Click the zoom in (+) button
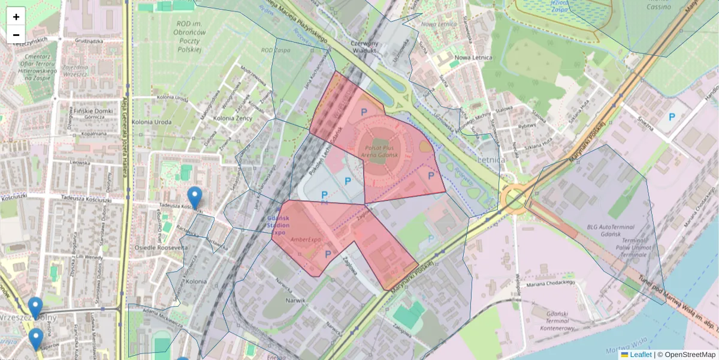pos(16,17)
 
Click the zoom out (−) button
pos(16,35)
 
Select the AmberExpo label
pos(306,239)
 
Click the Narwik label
pos(296,300)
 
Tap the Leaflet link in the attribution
pos(641,355)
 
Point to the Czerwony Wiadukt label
pos(365,47)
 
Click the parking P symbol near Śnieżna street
pos(672,118)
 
